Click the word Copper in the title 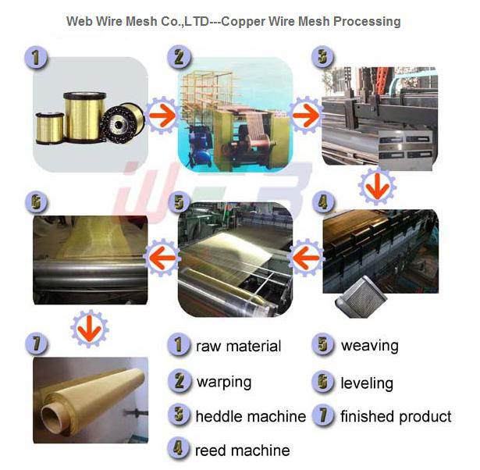(243, 22)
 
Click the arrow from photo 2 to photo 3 (306, 116)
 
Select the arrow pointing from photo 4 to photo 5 (306, 258)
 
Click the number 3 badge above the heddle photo (323, 57)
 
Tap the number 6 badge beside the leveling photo (36, 202)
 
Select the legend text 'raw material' (239, 347)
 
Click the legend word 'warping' (224, 383)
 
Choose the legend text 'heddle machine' (251, 416)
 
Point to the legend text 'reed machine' (243, 450)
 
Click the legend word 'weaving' (370, 347)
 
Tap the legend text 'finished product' (396, 416)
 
